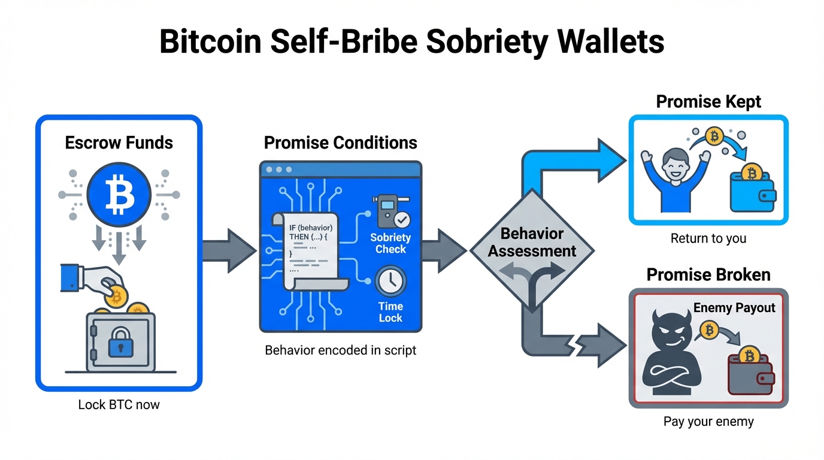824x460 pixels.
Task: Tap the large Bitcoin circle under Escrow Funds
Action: [119, 195]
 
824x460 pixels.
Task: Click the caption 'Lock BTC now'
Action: [119, 404]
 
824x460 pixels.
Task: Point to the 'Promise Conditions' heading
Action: [340, 143]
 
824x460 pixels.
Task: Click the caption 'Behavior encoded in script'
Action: [340, 350]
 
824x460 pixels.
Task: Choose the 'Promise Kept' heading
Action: [708, 101]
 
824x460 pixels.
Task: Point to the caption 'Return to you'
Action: [708, 238]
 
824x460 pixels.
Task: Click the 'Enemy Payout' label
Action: [734, 308]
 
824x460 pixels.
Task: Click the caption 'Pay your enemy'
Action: [708, 422]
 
